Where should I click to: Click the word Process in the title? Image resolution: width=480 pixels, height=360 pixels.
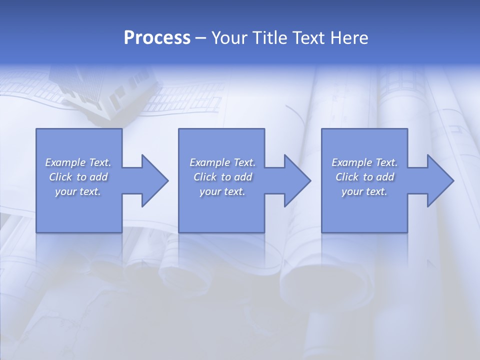coord(157,38)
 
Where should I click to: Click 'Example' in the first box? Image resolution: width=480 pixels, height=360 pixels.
coord(66,162)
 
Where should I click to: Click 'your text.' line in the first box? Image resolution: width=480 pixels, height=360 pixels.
coord(78,191)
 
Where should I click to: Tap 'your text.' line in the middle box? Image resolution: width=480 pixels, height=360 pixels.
coord(222,191)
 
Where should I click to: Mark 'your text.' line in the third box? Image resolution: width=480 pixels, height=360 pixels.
coord(364,191)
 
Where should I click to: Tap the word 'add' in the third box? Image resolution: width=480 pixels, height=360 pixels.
coord(385,177)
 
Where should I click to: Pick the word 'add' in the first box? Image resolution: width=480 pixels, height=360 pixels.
coord(98,177)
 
